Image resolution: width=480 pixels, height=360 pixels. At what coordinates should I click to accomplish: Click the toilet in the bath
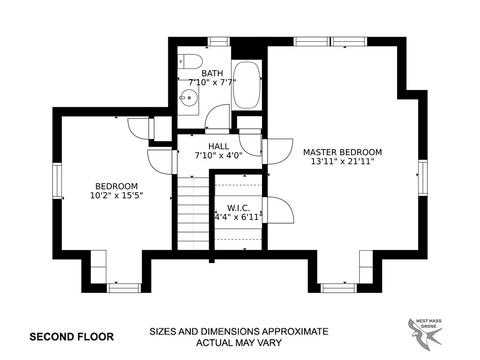[x=190, y=61]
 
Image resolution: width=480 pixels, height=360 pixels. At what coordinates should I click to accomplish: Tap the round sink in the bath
[x=188, y=98]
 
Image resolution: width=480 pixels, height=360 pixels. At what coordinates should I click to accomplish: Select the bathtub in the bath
[x=246, y=85]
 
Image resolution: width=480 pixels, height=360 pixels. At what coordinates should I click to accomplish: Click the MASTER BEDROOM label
[x=342, y=152]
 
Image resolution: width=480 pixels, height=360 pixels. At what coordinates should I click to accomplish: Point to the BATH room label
[x=212, y=73]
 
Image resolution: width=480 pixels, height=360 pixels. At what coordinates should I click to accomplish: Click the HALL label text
[x=219, y=146]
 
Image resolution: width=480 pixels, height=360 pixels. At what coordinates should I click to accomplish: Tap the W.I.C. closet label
[x=238, y=208]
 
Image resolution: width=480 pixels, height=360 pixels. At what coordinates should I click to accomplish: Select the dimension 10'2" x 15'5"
[x=116, y=196]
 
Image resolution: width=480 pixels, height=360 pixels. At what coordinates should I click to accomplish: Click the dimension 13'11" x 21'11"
[x=342, y=162]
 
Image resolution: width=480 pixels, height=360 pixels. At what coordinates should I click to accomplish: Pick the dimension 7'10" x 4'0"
[x=219, y=155]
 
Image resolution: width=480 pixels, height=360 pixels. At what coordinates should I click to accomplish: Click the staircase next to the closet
[x=193, y=213]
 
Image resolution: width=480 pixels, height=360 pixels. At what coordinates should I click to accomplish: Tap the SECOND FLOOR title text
[x=72, y=337]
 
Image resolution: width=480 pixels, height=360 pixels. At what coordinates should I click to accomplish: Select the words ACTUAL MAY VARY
[x=239, y=342]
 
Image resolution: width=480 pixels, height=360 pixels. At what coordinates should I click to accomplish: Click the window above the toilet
[x=219, y=42]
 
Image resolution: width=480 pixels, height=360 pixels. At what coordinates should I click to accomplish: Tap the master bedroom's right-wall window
[x=423, y=177]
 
